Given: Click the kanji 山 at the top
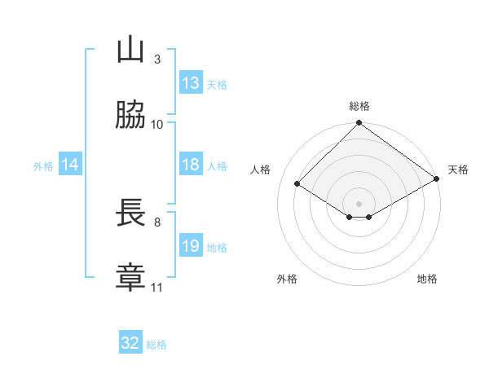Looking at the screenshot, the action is pyautogui.click(x=130, y=49).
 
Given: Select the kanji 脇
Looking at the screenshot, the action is pyautogui.click(x=130, y=114).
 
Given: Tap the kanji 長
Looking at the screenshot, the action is pyautogui.click(x=130, y=212).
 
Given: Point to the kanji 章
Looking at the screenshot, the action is pyautogui.click(x=130, y=277).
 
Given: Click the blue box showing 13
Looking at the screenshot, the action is pyautogui.click(x=191, y=82).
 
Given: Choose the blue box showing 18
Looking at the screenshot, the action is pyautogui.click(x=191, y=164).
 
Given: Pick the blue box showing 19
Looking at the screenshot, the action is pyautogui.click(x=191, y=244).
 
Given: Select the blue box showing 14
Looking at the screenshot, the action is pyautogui.click(x=70, y=164).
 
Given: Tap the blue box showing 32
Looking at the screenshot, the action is pyautogui.click(x=130, y=341).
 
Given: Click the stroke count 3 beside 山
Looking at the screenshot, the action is pyautogui.click(x=157, y=59).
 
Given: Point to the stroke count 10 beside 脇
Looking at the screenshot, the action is pyautogui.click(x=156, y=125).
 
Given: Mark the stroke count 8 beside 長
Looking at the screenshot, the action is pyautogui.click(x=157, y=222).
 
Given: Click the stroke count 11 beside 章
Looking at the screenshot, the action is pyautogui.click(x=156, y=288).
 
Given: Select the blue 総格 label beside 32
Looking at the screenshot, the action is pyautogui.click(x=156, y=345).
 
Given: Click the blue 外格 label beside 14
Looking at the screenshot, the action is pyautogui.click(x=43, y=166).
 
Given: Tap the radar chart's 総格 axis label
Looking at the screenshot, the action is pyautogui.click(x=359, y=106).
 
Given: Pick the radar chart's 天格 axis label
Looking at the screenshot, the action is pyautogui.click(x=458, y=169).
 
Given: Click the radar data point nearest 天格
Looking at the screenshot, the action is pyautogui.click(x=437, y=178).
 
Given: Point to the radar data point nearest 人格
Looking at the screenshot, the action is pyautogui.click(x=297, y=183).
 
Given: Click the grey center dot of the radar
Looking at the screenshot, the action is pyautogui.click(x=359, y=204).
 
